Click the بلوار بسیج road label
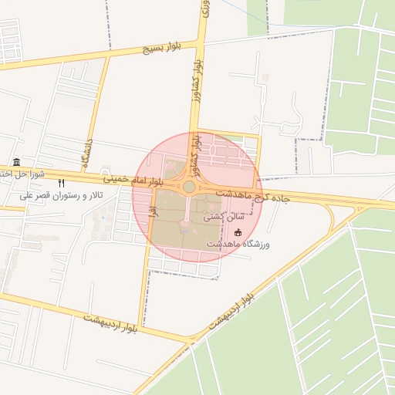160,49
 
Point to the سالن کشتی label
220,218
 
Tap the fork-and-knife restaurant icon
62,184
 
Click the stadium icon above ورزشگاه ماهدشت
238,232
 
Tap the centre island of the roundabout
189,186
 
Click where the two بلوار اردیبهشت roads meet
190,339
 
